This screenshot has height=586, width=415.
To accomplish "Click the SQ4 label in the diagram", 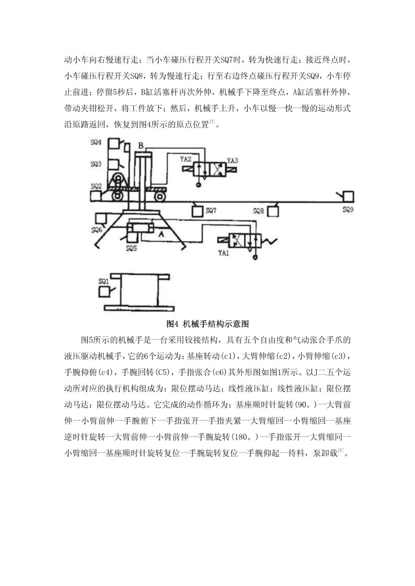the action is click(96, 142).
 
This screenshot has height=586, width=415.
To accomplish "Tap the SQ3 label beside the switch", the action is click(96, 164).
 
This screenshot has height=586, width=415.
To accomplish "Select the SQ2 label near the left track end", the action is click(96, 186).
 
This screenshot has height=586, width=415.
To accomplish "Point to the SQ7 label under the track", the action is click(211, 211).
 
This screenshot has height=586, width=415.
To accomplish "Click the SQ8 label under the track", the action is click(259, 211).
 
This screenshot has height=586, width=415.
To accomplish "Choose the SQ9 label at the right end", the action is click(348, 209).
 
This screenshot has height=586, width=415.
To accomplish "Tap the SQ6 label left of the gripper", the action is click(97, 230).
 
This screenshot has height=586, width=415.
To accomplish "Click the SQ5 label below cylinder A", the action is click(131, 248).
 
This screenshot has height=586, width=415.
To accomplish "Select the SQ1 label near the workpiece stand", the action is click(104, 281).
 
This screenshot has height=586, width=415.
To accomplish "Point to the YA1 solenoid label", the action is click(224, 252).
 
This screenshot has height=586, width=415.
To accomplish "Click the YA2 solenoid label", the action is click(186, 159).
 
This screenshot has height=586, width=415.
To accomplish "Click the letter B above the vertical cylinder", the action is click(141, 145).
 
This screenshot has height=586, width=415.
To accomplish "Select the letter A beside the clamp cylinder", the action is click(161, 234).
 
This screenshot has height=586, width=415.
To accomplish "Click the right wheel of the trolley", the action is click(160, 196).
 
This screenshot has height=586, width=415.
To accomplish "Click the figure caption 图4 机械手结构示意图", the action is click(207, 324).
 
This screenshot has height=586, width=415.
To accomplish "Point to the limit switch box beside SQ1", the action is click(104, 292).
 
